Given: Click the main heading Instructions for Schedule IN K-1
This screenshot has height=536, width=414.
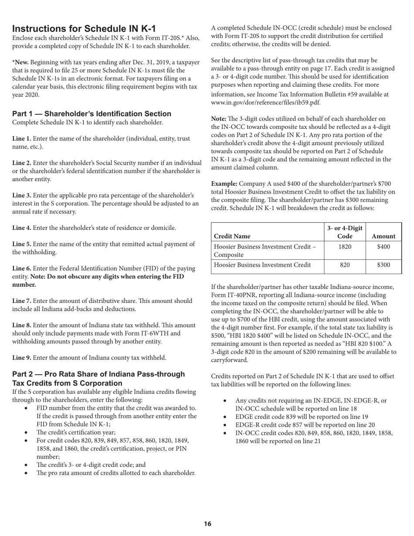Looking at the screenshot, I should click(84, 29).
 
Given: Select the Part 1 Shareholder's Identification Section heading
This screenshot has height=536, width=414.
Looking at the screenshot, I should click(92, 114).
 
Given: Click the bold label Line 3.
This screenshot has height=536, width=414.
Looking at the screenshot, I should click(21, 195).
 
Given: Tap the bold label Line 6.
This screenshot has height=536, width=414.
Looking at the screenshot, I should click(21, 268).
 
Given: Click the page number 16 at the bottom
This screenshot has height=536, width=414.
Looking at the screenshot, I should click(207, 523).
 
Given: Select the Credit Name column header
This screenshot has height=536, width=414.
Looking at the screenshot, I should click(232, 236).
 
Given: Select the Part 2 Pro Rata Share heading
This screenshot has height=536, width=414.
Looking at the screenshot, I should click(98, 379).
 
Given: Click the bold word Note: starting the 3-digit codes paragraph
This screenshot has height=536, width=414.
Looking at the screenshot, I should click(218, 119).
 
